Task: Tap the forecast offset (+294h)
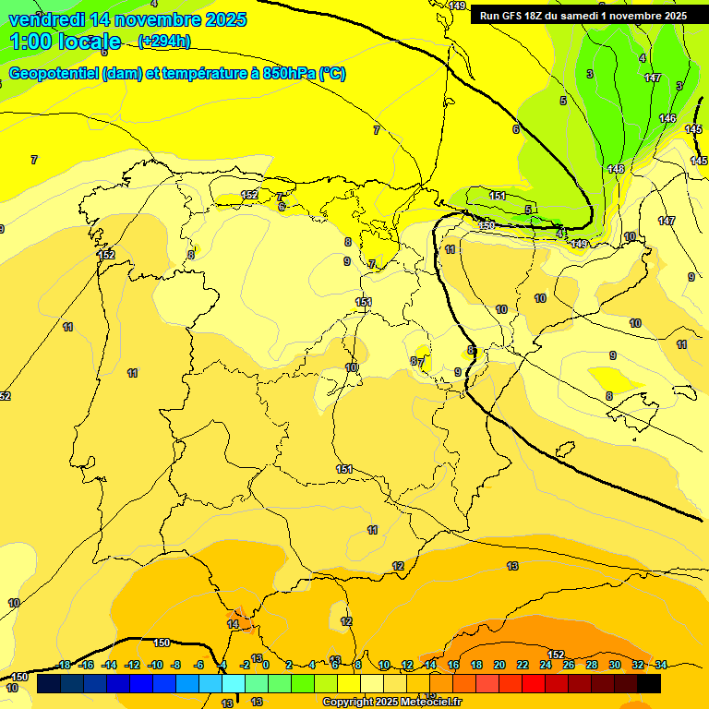163,41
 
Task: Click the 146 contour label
667,118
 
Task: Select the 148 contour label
616,169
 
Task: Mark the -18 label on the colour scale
63,665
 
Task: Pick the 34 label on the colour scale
661,665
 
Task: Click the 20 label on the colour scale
499,665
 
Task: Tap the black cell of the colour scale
649,683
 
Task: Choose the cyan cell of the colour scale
234,683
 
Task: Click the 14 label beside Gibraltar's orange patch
233,625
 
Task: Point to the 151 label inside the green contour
498,196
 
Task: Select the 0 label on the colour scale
265,665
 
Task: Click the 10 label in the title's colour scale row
384,665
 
